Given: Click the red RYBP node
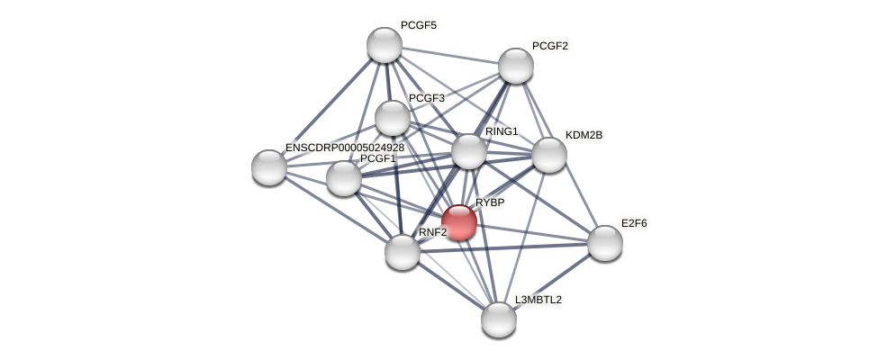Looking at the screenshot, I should coord(458,222).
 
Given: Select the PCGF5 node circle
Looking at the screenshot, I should coord(385,45).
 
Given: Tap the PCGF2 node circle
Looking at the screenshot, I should coord(516,66).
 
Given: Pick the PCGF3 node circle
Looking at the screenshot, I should coord(393,118).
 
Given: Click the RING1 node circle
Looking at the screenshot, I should coord(468,151).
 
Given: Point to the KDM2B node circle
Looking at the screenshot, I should coord(548,155).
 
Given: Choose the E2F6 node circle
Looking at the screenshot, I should coord(604,242).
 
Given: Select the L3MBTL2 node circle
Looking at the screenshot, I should coord(498,319).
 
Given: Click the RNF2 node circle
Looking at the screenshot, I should coord(402,252).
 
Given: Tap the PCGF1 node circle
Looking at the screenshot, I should coord(343,178).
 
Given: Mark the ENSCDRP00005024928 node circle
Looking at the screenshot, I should coord(269,167).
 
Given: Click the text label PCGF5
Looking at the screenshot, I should coord(419,25).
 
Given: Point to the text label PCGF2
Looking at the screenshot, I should coord(549,46).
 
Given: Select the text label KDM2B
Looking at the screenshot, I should coord(584,135).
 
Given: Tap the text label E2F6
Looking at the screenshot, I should coord(634,222).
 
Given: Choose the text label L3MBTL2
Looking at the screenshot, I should coord(539,300).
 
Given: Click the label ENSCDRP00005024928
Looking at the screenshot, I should coord(345,148).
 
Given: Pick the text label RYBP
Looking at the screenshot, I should coord(490,202).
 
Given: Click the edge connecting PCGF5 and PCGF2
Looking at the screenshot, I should coord(450,55).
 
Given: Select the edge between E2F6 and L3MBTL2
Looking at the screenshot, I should coord(551,281).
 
